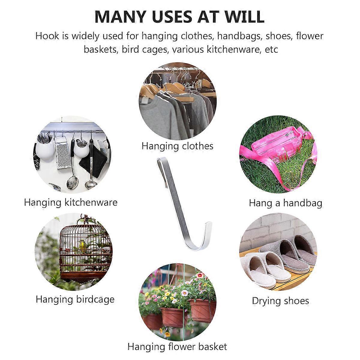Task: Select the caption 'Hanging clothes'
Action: click(x=177, y=146)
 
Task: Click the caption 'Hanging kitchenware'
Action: click(x=71, y=202)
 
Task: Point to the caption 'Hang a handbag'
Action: click(x=286, y=203)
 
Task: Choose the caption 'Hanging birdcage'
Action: click(x=75, y=299)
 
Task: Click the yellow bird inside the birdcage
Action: click(x=82, y=246)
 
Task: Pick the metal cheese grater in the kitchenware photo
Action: click(x=63, y=153)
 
